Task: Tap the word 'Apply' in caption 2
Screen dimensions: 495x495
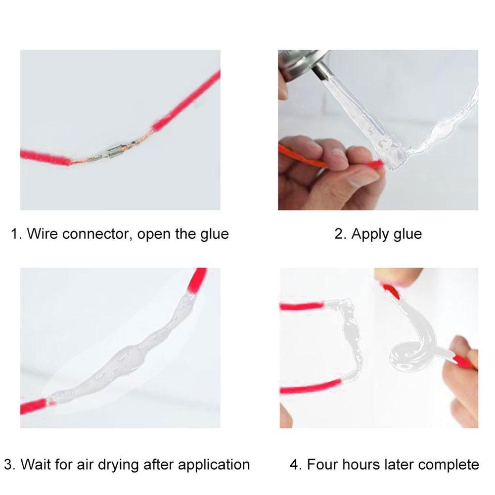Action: point(367,233)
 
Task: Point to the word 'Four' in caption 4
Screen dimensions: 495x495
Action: point(323,465)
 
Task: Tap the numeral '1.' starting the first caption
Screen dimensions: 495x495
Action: point(16,233)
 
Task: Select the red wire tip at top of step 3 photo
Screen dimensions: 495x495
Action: point(198,279)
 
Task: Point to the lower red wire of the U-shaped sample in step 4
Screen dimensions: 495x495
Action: point(309,388)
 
